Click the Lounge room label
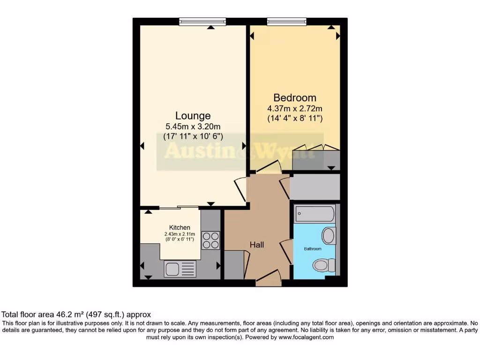193,115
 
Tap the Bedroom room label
295,97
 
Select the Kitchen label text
180,227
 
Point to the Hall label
256,245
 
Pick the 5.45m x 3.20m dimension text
193,126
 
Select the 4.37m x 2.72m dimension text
295,109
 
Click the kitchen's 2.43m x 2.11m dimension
180,234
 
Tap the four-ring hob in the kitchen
210,240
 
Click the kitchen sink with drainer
180,269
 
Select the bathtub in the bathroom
315,214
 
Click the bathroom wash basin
329,236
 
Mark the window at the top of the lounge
202,22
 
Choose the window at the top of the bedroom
286,22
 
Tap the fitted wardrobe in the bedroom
316,160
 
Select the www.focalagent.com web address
306,337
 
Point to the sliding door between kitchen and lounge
178,207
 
